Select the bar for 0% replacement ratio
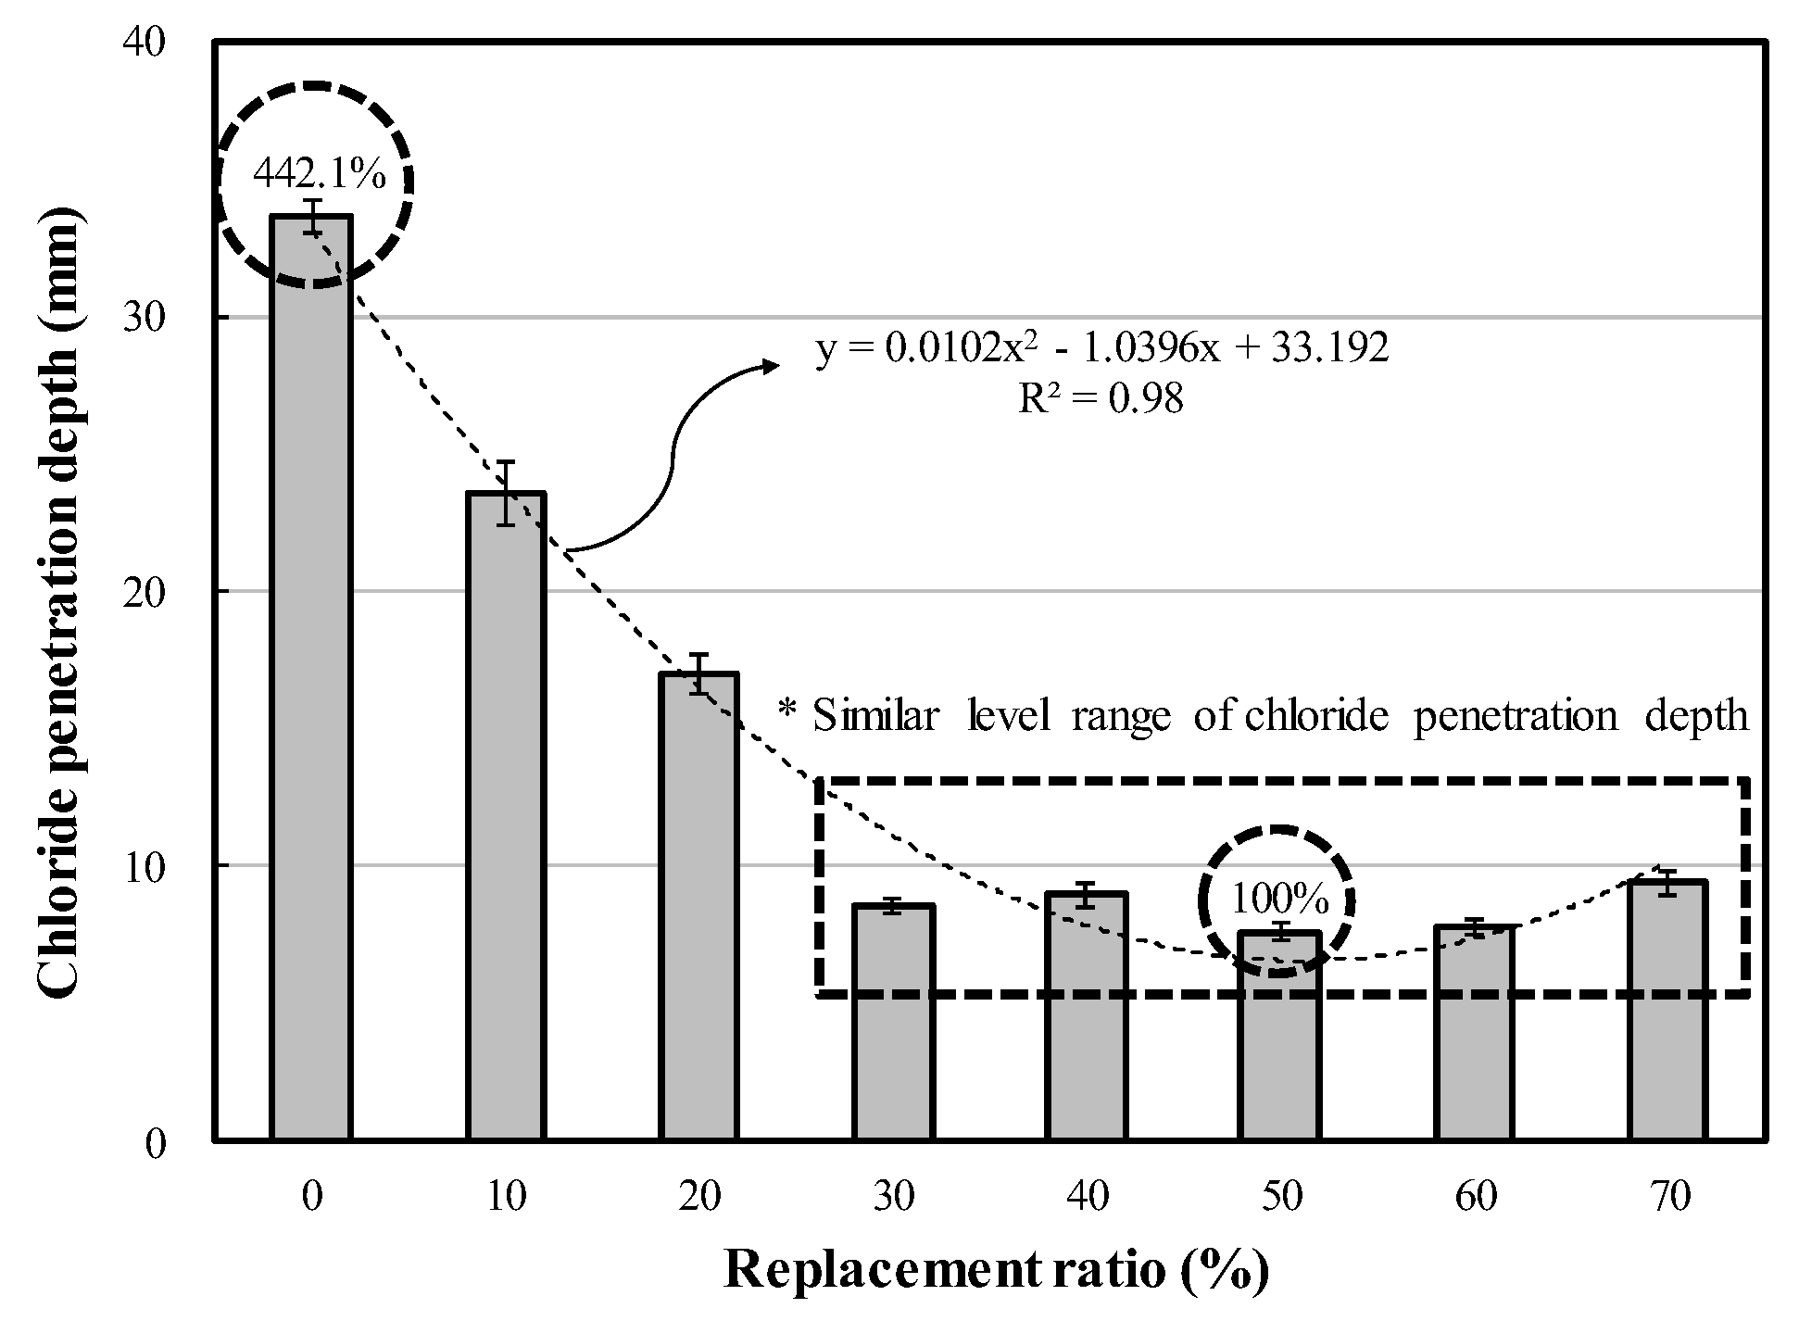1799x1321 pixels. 311,676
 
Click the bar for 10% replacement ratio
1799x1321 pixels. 506,815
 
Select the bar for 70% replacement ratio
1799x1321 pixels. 1668,1010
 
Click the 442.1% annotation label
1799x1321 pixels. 320,173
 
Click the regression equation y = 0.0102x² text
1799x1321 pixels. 1101,349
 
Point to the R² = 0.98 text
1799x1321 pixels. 1101,400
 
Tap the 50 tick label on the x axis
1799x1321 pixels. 1281,1196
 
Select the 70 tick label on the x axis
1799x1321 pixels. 1668,1196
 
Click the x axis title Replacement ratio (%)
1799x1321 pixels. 995,1270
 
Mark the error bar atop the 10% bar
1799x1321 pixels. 505,492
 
